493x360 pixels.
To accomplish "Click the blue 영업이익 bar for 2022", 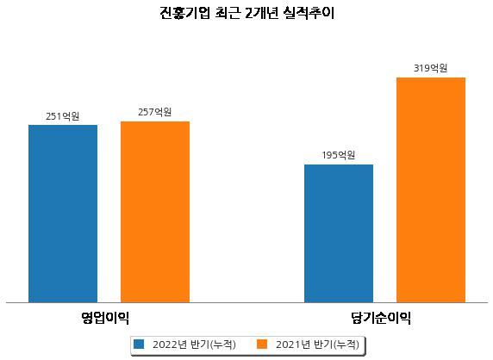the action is coord(63,214).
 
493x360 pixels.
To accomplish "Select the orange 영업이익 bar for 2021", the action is coord(155,212).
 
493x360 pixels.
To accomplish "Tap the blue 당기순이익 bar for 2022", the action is coord(339,233).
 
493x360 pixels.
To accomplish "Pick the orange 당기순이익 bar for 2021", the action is coord(431,190).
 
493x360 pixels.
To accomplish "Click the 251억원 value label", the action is coord(63,116).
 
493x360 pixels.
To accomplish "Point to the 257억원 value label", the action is coord(155,112).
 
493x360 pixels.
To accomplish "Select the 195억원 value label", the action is coord(339,155).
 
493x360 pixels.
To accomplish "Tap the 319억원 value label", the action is coord(430,68).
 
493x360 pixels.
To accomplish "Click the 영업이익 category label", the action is coord(105,318).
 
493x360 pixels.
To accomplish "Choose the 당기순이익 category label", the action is coord(381,318).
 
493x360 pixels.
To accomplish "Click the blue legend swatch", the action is coord(139,344).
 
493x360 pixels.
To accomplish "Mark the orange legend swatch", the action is coord(262,344).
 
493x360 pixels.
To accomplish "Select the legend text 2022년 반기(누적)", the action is coord(194,344).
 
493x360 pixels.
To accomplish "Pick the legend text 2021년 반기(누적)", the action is coord(317,344).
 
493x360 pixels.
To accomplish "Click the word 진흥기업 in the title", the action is coord(184,13).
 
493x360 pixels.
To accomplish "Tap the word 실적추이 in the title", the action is coord(309,13).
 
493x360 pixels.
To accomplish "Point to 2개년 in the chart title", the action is coord(261,13).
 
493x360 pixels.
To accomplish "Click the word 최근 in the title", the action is coord(228,13).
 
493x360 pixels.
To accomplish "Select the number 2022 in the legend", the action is coord(165,344).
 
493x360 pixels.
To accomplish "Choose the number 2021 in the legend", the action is coord(289,344).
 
